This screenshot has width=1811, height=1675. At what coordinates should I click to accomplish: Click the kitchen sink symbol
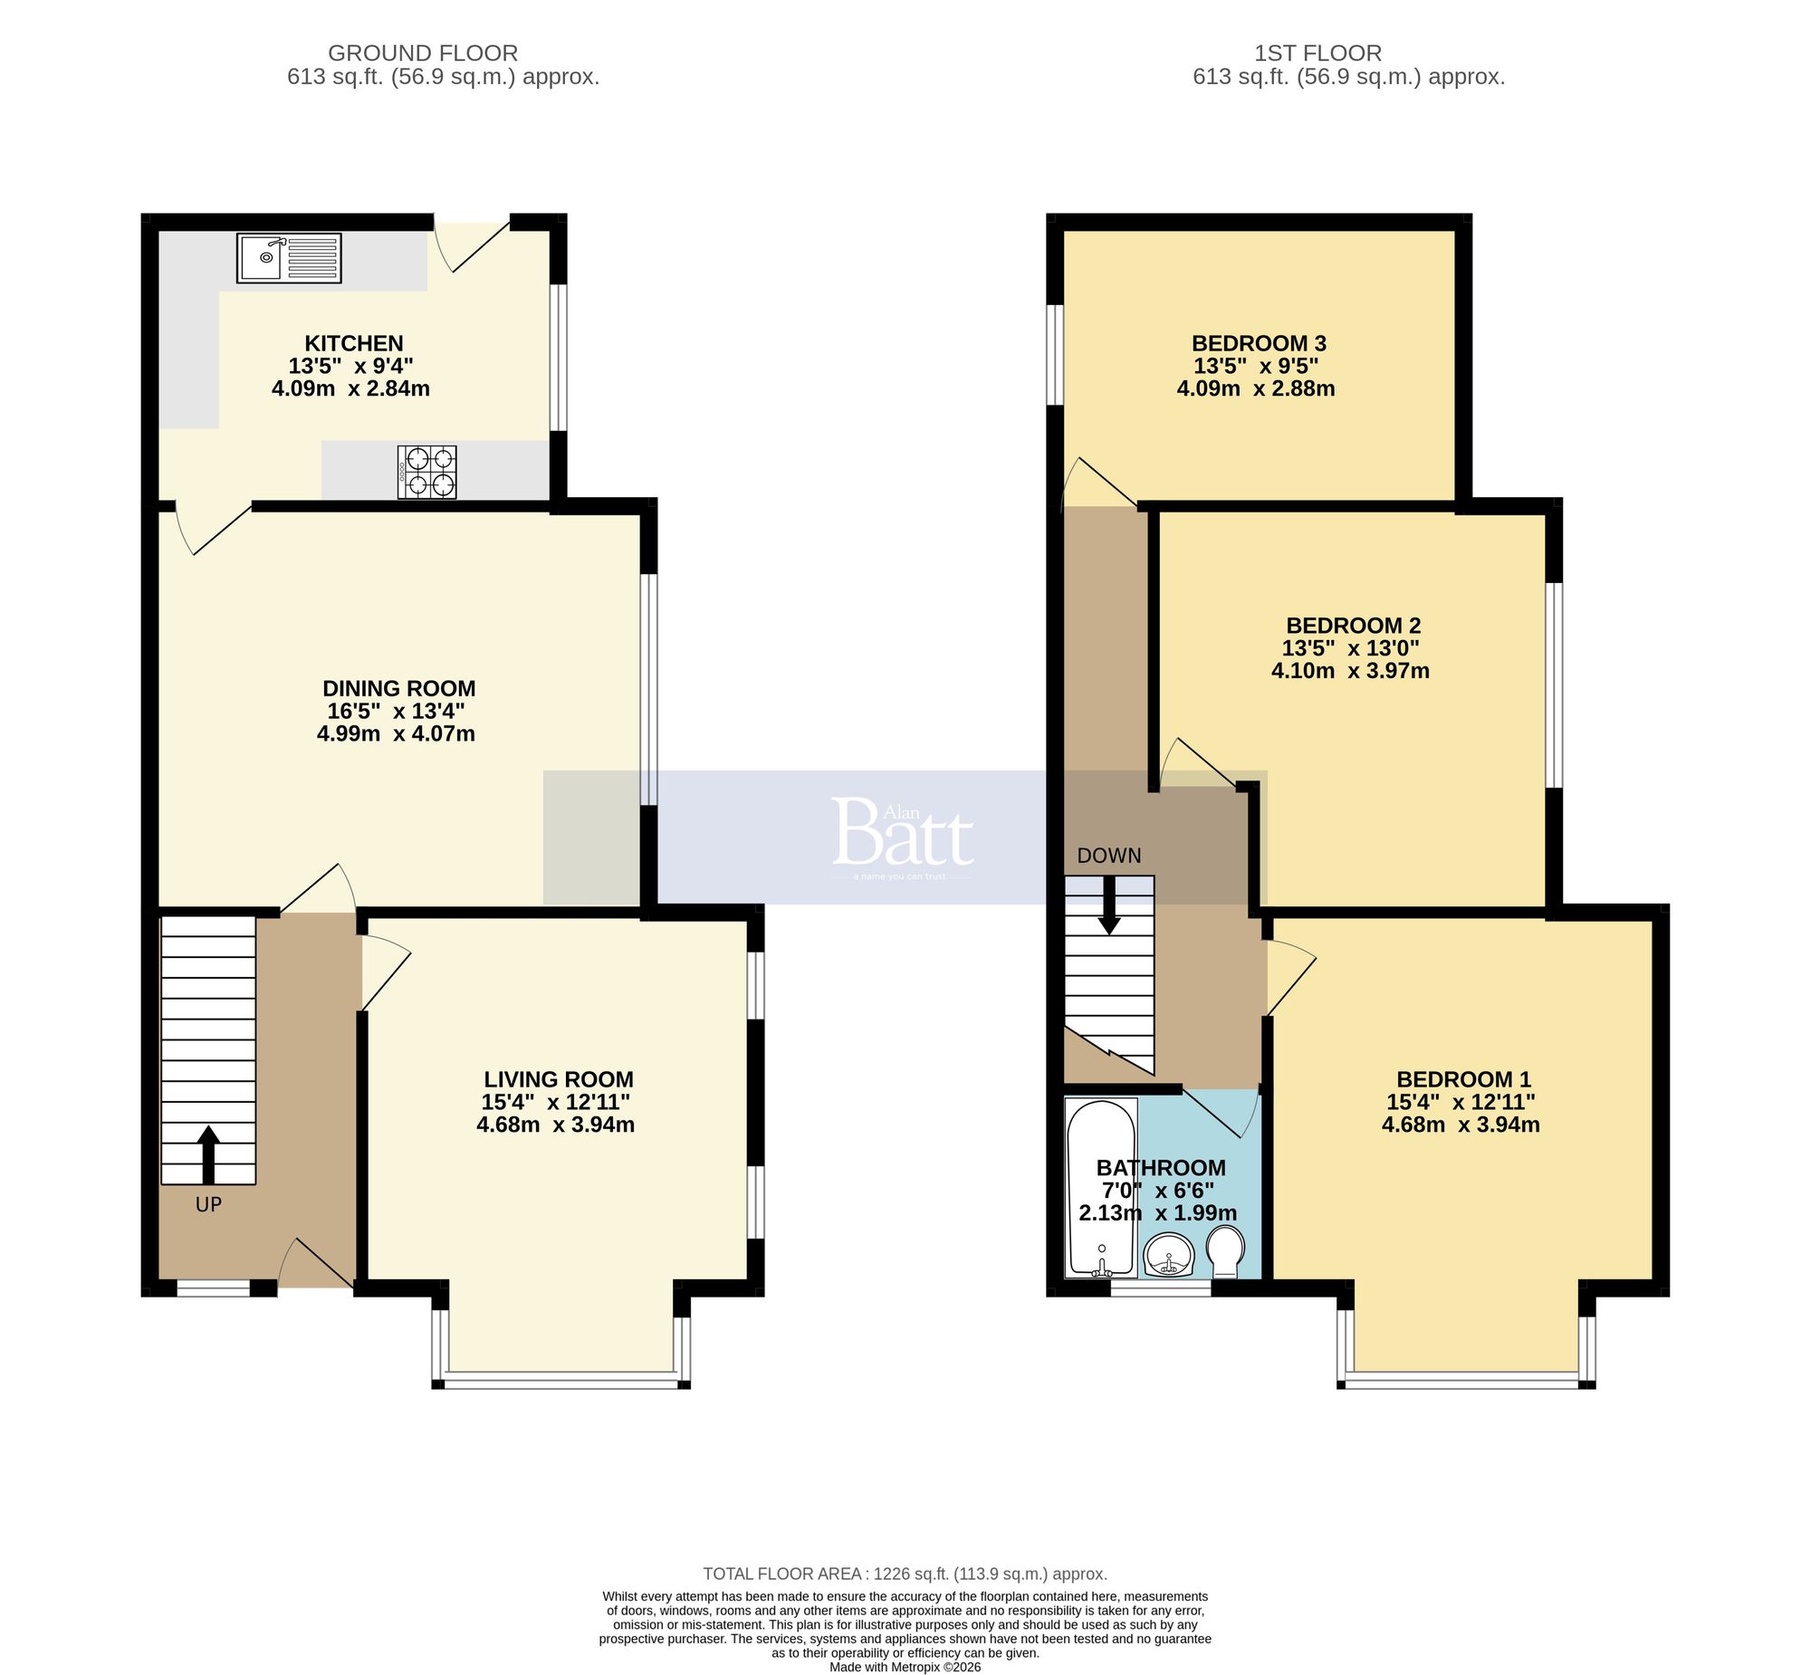[289, 257]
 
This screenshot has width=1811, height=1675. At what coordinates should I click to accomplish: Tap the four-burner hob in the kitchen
[426, 472]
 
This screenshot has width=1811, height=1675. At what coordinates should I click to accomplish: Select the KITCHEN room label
[353, 343]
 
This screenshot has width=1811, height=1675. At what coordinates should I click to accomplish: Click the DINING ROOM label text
[398, 688]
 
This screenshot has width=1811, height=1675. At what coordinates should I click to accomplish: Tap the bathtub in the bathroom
[1101, 1187]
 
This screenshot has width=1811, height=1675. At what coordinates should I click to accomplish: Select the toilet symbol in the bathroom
[1226, 1250]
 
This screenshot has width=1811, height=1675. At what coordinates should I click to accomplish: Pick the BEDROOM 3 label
[1258, 343]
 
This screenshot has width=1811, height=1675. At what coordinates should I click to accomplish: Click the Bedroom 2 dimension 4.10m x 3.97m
[1349, 671]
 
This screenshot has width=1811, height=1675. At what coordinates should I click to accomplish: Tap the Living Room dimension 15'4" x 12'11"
[555, 1102]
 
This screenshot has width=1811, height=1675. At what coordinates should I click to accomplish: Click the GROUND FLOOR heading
[422, 53]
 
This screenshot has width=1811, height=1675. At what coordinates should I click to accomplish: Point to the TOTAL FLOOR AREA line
[905, 1574]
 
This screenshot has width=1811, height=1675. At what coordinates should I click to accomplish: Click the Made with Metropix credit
[905, 1666]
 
